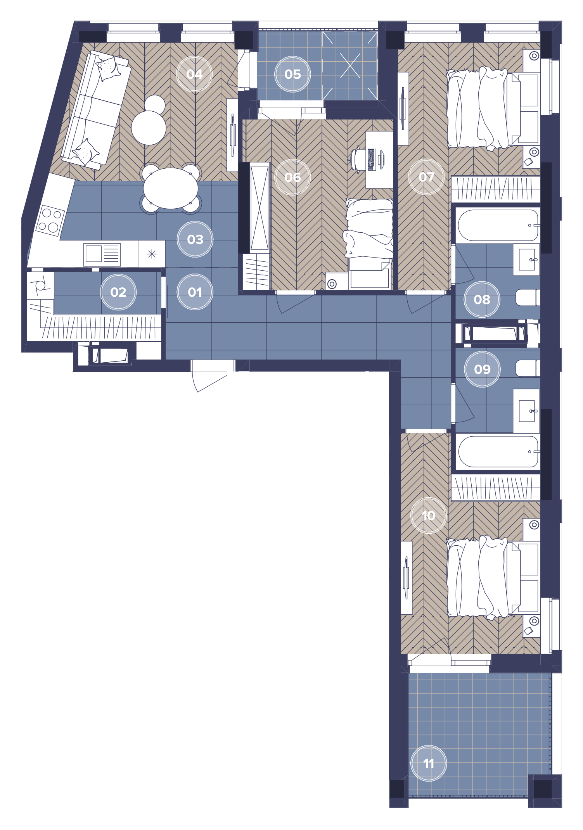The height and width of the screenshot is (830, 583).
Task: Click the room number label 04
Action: [x=194, y=74]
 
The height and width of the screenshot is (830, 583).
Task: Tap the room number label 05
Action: [x=292, y=74]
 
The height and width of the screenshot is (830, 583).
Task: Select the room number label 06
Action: [x=292, y=177]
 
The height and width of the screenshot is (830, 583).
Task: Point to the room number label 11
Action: [x=429, y=763]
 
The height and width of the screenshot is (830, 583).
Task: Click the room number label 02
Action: [x=118, y=292]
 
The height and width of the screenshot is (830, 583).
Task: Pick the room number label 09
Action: [x=482, y=369]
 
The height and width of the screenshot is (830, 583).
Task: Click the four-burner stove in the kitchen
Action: [x=50, y=220]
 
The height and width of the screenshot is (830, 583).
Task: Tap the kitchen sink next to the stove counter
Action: [x=102, y=254]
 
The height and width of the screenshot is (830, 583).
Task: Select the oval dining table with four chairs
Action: [x=171, y=188]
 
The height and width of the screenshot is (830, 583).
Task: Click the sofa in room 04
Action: [x=95, y=110]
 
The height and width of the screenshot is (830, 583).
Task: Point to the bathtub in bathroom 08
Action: [x=498, y=225]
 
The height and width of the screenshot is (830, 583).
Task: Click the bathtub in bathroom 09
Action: [x=498, y=452]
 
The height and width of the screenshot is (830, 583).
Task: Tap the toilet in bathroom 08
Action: [x=528, y=297]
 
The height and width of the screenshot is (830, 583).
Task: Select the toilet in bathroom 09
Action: [x=528, y=368]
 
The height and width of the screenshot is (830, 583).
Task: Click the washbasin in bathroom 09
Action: [x=527, y=411]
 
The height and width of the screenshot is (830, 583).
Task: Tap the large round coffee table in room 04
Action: [x=149, y=128]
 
